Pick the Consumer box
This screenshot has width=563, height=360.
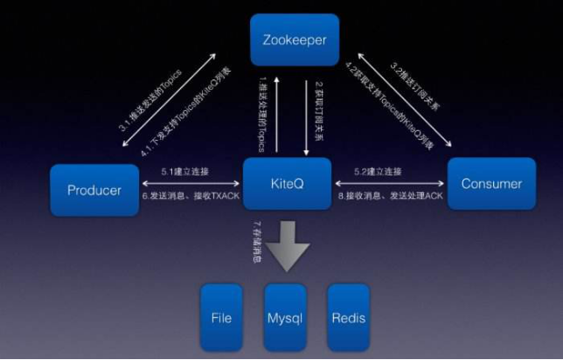[x=490, y=184]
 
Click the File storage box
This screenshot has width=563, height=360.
[x=221, y=317]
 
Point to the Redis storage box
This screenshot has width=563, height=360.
[x=348, y=317]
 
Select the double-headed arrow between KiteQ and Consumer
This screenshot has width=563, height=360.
[x=391, y=184]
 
